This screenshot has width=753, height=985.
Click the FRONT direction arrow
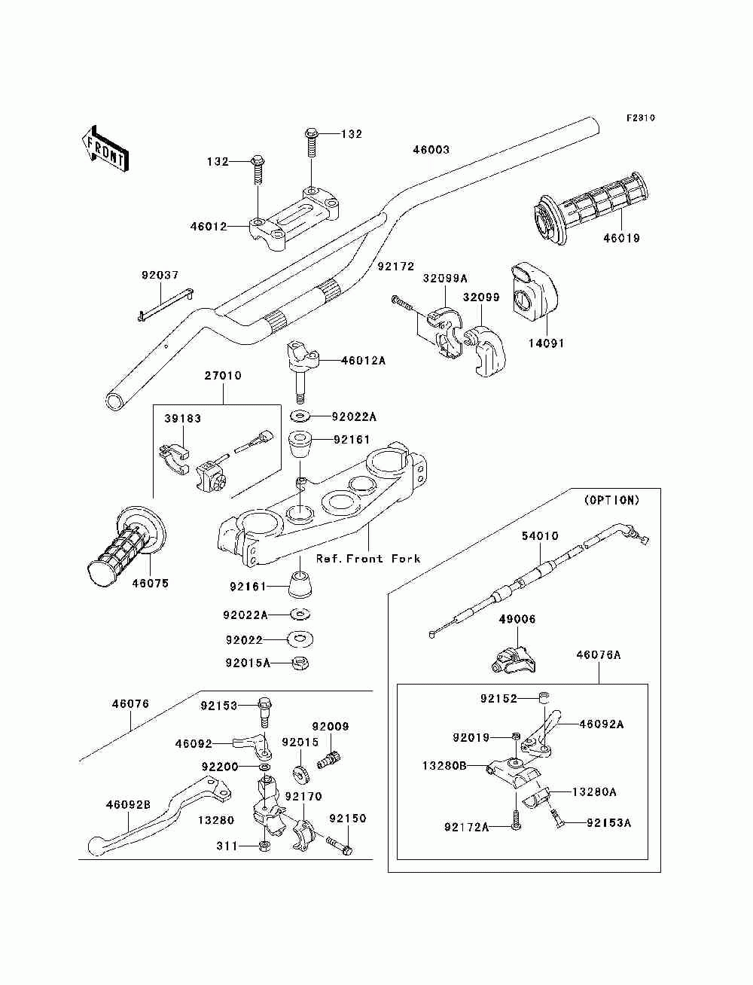(105, 148)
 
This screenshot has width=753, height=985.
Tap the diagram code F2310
(640, 118)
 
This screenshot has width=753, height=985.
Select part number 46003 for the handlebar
(431, 149)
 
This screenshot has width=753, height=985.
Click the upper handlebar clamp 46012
(294, 218)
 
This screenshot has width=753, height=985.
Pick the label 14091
(546, 343)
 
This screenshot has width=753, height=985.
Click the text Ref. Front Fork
(368, 559)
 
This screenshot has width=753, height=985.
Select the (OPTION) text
(612, 500)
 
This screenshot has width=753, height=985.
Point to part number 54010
(540, 536)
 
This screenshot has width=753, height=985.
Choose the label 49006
(517, 619)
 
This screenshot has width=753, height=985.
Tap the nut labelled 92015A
(300, 663)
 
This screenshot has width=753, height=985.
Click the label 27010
(223, 375)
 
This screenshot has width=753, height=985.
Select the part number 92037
(160, 275)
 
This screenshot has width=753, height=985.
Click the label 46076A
(599, 655)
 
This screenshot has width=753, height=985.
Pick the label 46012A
(363, 361)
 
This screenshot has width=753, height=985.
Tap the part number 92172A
(466, 827)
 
